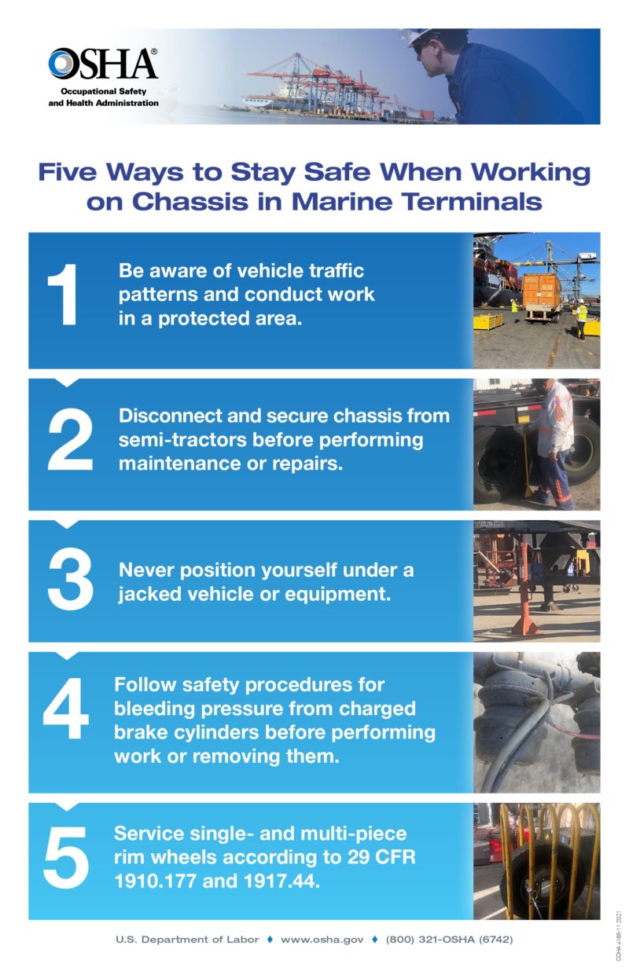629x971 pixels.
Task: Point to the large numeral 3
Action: tap(70, 581)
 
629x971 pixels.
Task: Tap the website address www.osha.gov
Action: tap(322, 939)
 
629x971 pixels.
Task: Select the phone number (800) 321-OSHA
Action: tap(449, 939)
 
